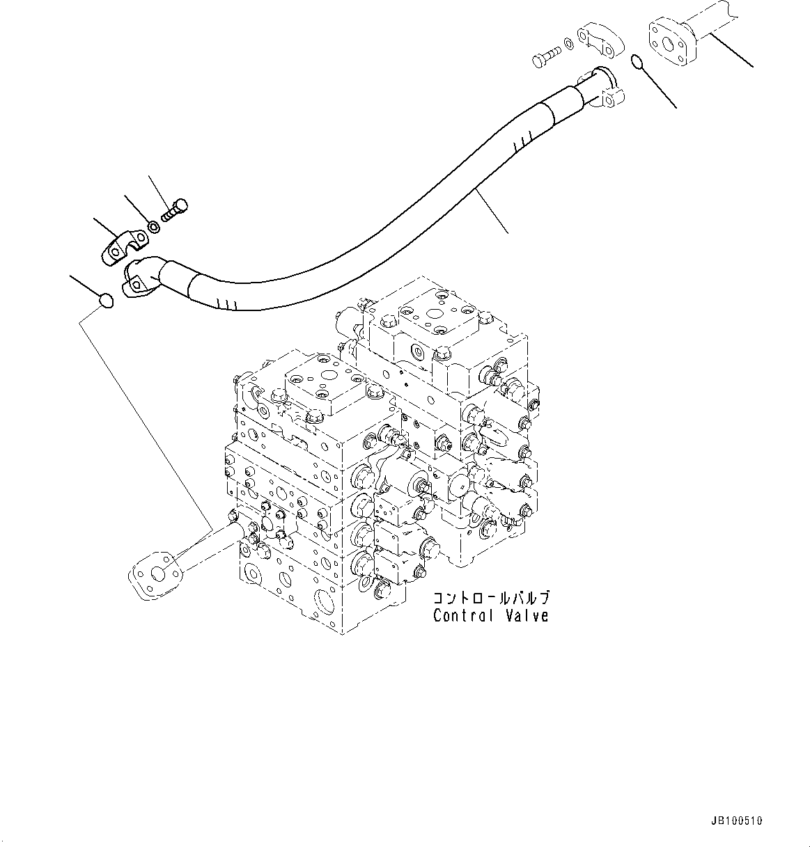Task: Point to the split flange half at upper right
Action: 600,36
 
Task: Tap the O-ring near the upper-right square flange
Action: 638,63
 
